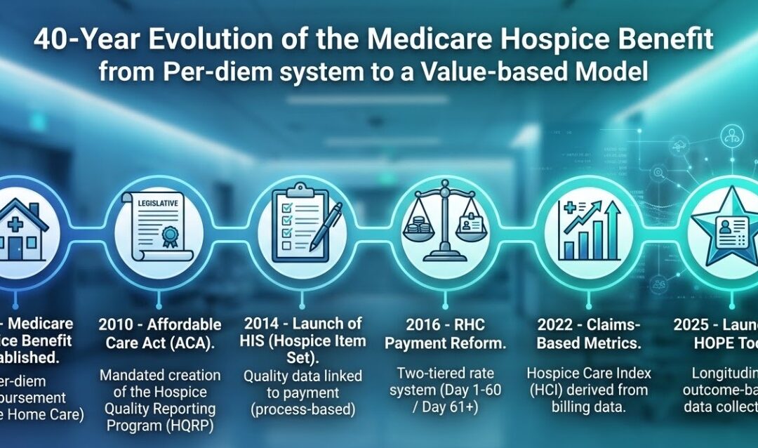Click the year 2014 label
pyautogui.click(x=262, y=324)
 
